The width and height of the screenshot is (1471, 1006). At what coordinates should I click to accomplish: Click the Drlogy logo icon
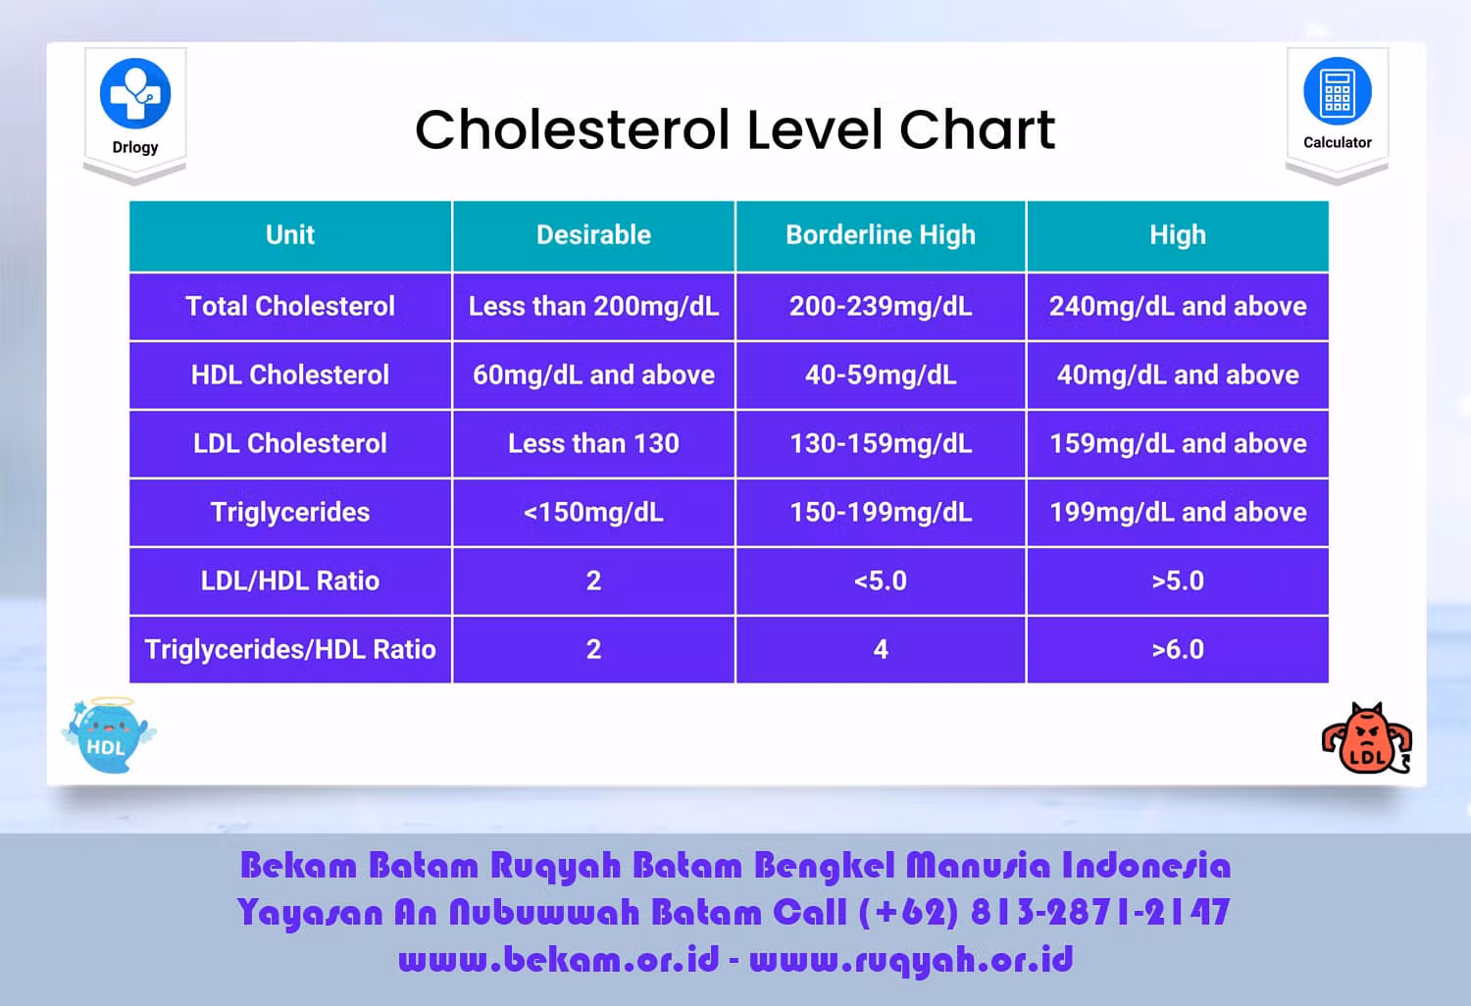pyautogui.click(x=135, y=93)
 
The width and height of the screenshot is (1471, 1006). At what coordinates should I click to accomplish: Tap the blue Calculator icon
pyautogui.click(x=1337, y=91)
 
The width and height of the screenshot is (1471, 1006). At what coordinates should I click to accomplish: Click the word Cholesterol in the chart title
pyautogui.click(x=573, y=129)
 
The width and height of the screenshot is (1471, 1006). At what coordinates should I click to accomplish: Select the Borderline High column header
pyautogui.click(x=881, y=235)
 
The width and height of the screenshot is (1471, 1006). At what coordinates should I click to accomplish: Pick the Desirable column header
pyautogui.click(x=593, y=235)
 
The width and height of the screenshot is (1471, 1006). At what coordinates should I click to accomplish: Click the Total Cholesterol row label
pyautogui.click(x=290, y=307)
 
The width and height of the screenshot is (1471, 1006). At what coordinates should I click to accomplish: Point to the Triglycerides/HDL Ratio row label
pyautogui.click(x=290, y=649)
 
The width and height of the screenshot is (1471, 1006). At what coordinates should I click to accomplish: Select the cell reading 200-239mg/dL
pyautogui.click(x=881, y=307)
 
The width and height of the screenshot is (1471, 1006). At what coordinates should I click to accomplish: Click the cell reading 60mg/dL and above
pyautogui.click(x=593, y=375)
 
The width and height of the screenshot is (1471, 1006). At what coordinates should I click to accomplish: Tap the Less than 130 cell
pyautogui.click(x=593, y=444)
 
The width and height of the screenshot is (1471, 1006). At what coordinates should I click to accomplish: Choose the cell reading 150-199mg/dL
pyautogui.click(x=881, y=512)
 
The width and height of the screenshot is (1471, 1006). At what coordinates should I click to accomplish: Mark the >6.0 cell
pyautogui.click(x=1178, y=649)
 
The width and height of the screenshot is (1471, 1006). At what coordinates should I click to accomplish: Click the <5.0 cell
pyautogui.click(x=881, y=581)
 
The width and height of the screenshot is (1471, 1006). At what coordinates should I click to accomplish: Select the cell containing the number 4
pyautogui.click(x=881, y=649)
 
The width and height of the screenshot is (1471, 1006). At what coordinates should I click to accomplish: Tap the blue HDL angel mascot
pyautogui.click(x=109, y=735)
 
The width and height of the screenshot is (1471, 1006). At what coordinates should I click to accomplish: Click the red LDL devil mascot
pyautogui.click(x=1367, y=738)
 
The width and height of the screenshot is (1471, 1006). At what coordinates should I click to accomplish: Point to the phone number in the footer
pyautogui.click(x=1044, y=912)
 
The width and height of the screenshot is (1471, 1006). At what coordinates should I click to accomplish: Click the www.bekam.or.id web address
pyautogui.click(x=559, y=960)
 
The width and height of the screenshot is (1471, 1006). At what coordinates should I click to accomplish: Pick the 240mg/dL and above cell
pyautogui.click(x=1178, y=307)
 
